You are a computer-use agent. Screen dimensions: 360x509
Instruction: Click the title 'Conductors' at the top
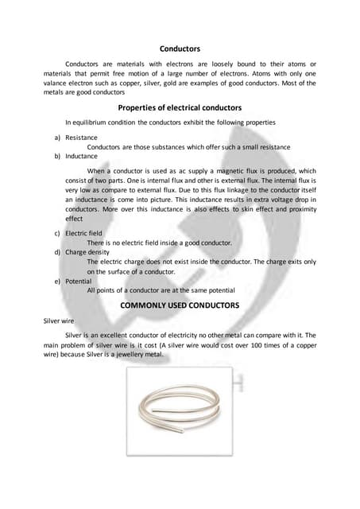pyautogui.click(x=179, y=48)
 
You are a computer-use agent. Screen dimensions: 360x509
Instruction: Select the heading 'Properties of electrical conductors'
pyautogui.click(x=180, y=107)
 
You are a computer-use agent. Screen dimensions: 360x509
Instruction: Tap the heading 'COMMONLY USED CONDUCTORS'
pyautogui.click(x=179, y=305)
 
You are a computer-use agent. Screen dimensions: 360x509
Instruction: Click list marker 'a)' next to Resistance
pyautogui.click(x=57, y=137)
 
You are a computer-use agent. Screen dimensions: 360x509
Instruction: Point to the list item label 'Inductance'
pyautogui.click(x=81, y=156)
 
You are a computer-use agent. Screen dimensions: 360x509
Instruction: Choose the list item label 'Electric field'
pyautogui.click(x=83, y=232)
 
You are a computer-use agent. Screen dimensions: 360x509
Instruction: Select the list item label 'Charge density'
pyautogui.click(x=87, y=251)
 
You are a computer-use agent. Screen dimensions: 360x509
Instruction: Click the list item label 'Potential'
pyautogui.click(x=79, y=281)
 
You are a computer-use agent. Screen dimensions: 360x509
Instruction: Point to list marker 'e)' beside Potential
pyautogui.click(x=57, y=281)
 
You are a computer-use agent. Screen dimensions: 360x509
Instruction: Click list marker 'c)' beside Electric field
pyautogui.click(x=57, y=232)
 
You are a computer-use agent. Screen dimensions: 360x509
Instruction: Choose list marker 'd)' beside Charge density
pyautogui.click(x=57, y=251)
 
